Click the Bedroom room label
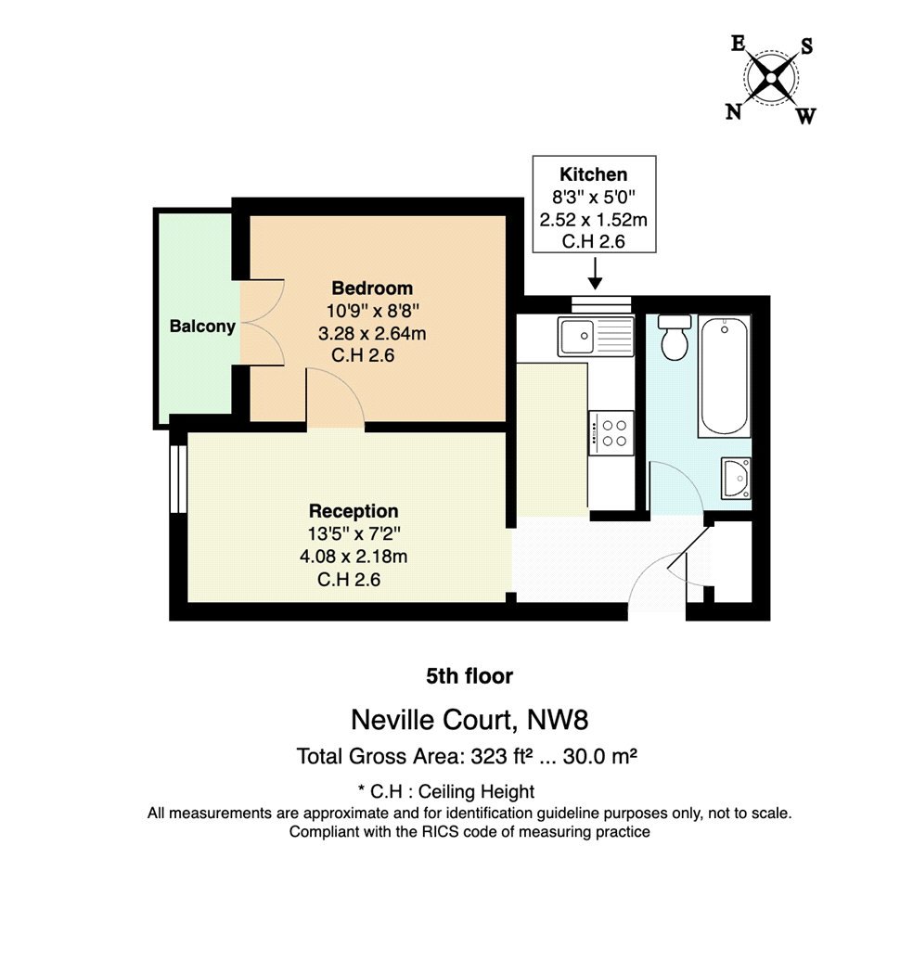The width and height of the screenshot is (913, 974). click(x=372, y=288)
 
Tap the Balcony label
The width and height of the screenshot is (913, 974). click(x=202, y=327)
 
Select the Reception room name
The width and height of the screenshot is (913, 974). click(x=353, y=511)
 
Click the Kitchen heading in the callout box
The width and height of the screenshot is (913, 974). click(x=593, y=174)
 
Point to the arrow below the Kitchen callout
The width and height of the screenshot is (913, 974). click(x=595, y=274)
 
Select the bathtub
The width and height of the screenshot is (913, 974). click(x=724, y=377)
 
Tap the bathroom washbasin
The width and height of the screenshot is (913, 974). click(x=736, y=479)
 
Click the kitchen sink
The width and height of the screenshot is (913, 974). click(x=596, y=337)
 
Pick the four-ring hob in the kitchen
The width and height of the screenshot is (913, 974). click(x=611, y=433)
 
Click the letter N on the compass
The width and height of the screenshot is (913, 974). click(x=734, y=112)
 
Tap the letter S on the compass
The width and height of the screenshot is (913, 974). click(x=806, y=45)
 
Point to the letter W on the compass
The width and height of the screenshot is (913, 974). click(x=805, y=116)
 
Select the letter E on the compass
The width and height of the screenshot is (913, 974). click(x=738, y=44)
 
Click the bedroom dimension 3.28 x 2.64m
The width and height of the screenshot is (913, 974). click(x=372, y=334)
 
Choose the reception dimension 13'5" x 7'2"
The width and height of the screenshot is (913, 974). click(x=354, y=533)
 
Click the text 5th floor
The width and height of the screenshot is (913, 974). click(x=469, y=676)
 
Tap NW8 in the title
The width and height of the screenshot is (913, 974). click(x=557, y=720)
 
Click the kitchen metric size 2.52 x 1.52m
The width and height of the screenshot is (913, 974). click(x=593, y=220)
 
